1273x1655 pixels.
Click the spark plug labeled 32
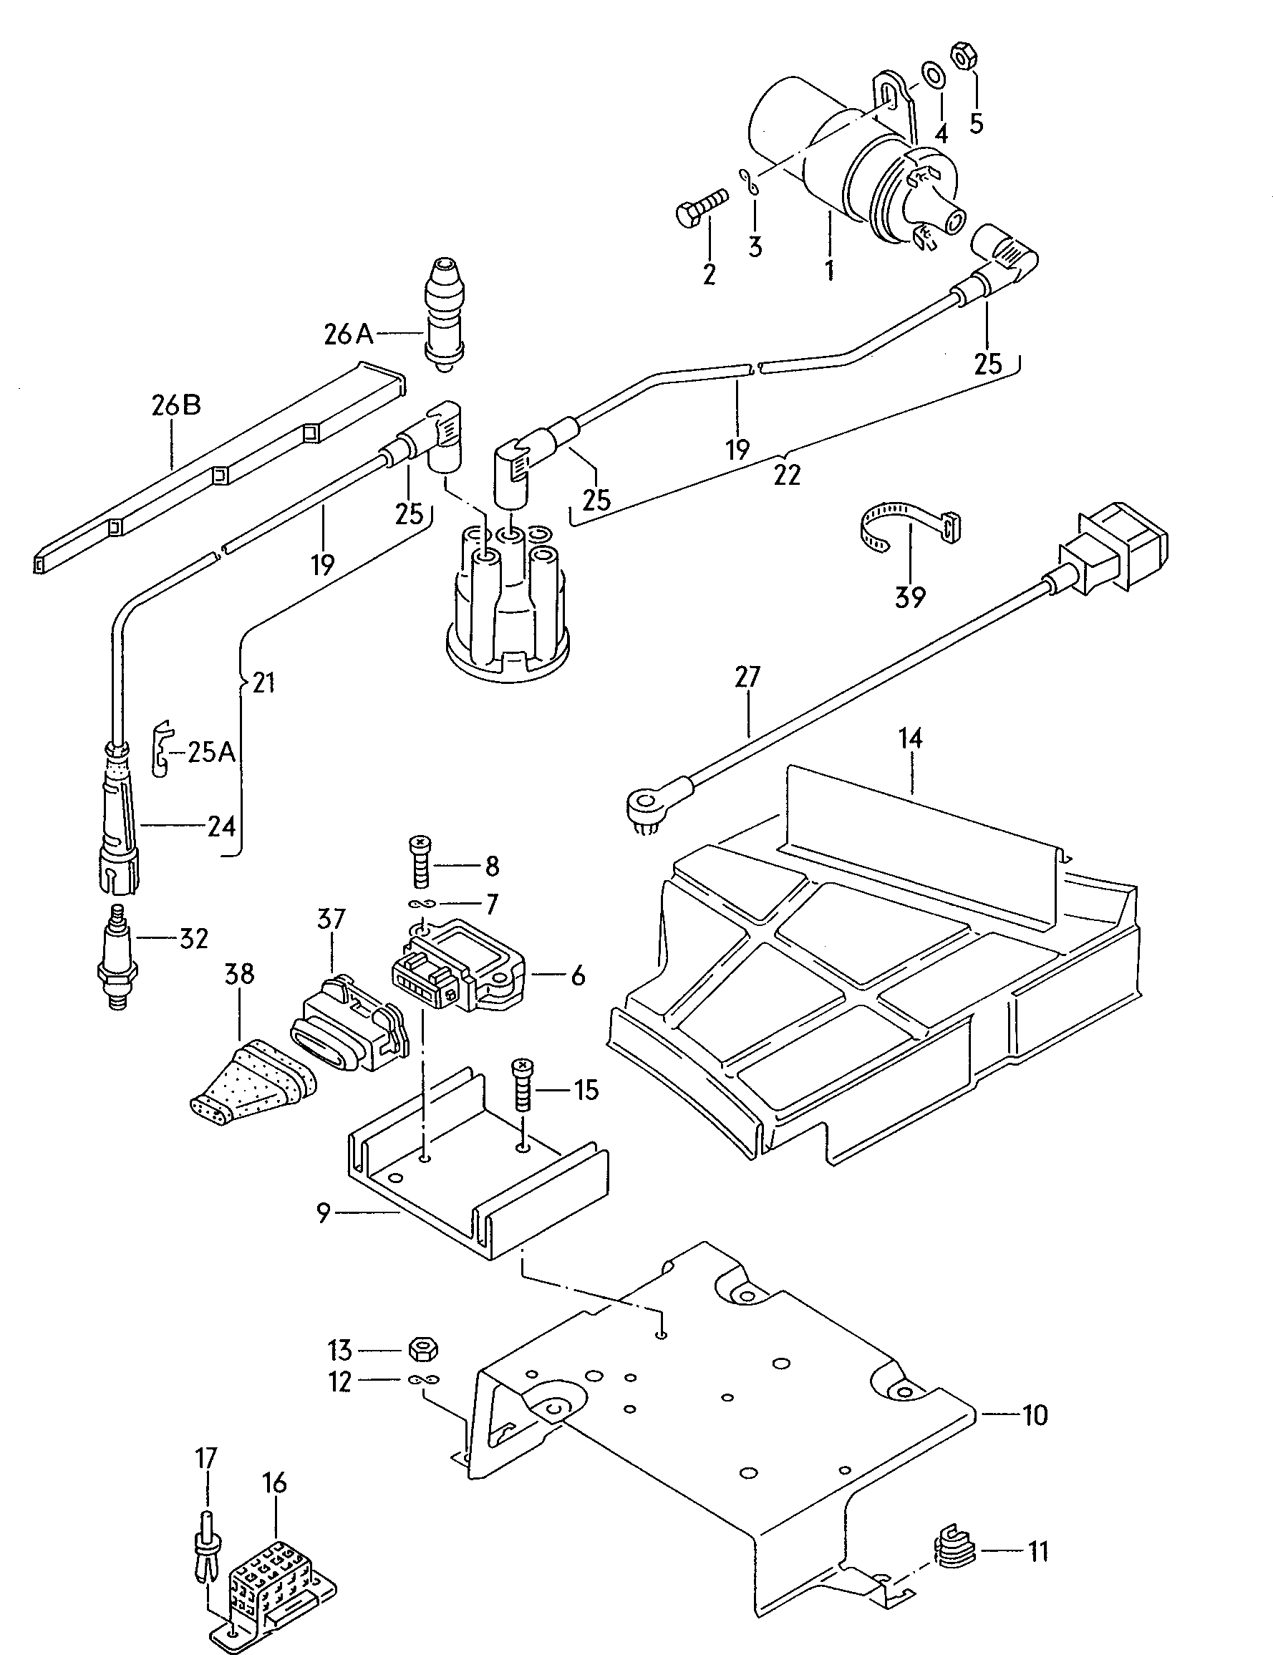pyautogui.click(x=117, y=959)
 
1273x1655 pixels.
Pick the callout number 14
pyautogui.click(x=910, y=738)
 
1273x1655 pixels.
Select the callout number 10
pyautogui.click(x=1035, y=1415)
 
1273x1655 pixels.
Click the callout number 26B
pyautogui.click(x=176, y=405)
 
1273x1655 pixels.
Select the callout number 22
pyautogui.click(x=788, y=475)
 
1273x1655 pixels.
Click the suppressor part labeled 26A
pyautogui.click(x=445, y=314)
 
